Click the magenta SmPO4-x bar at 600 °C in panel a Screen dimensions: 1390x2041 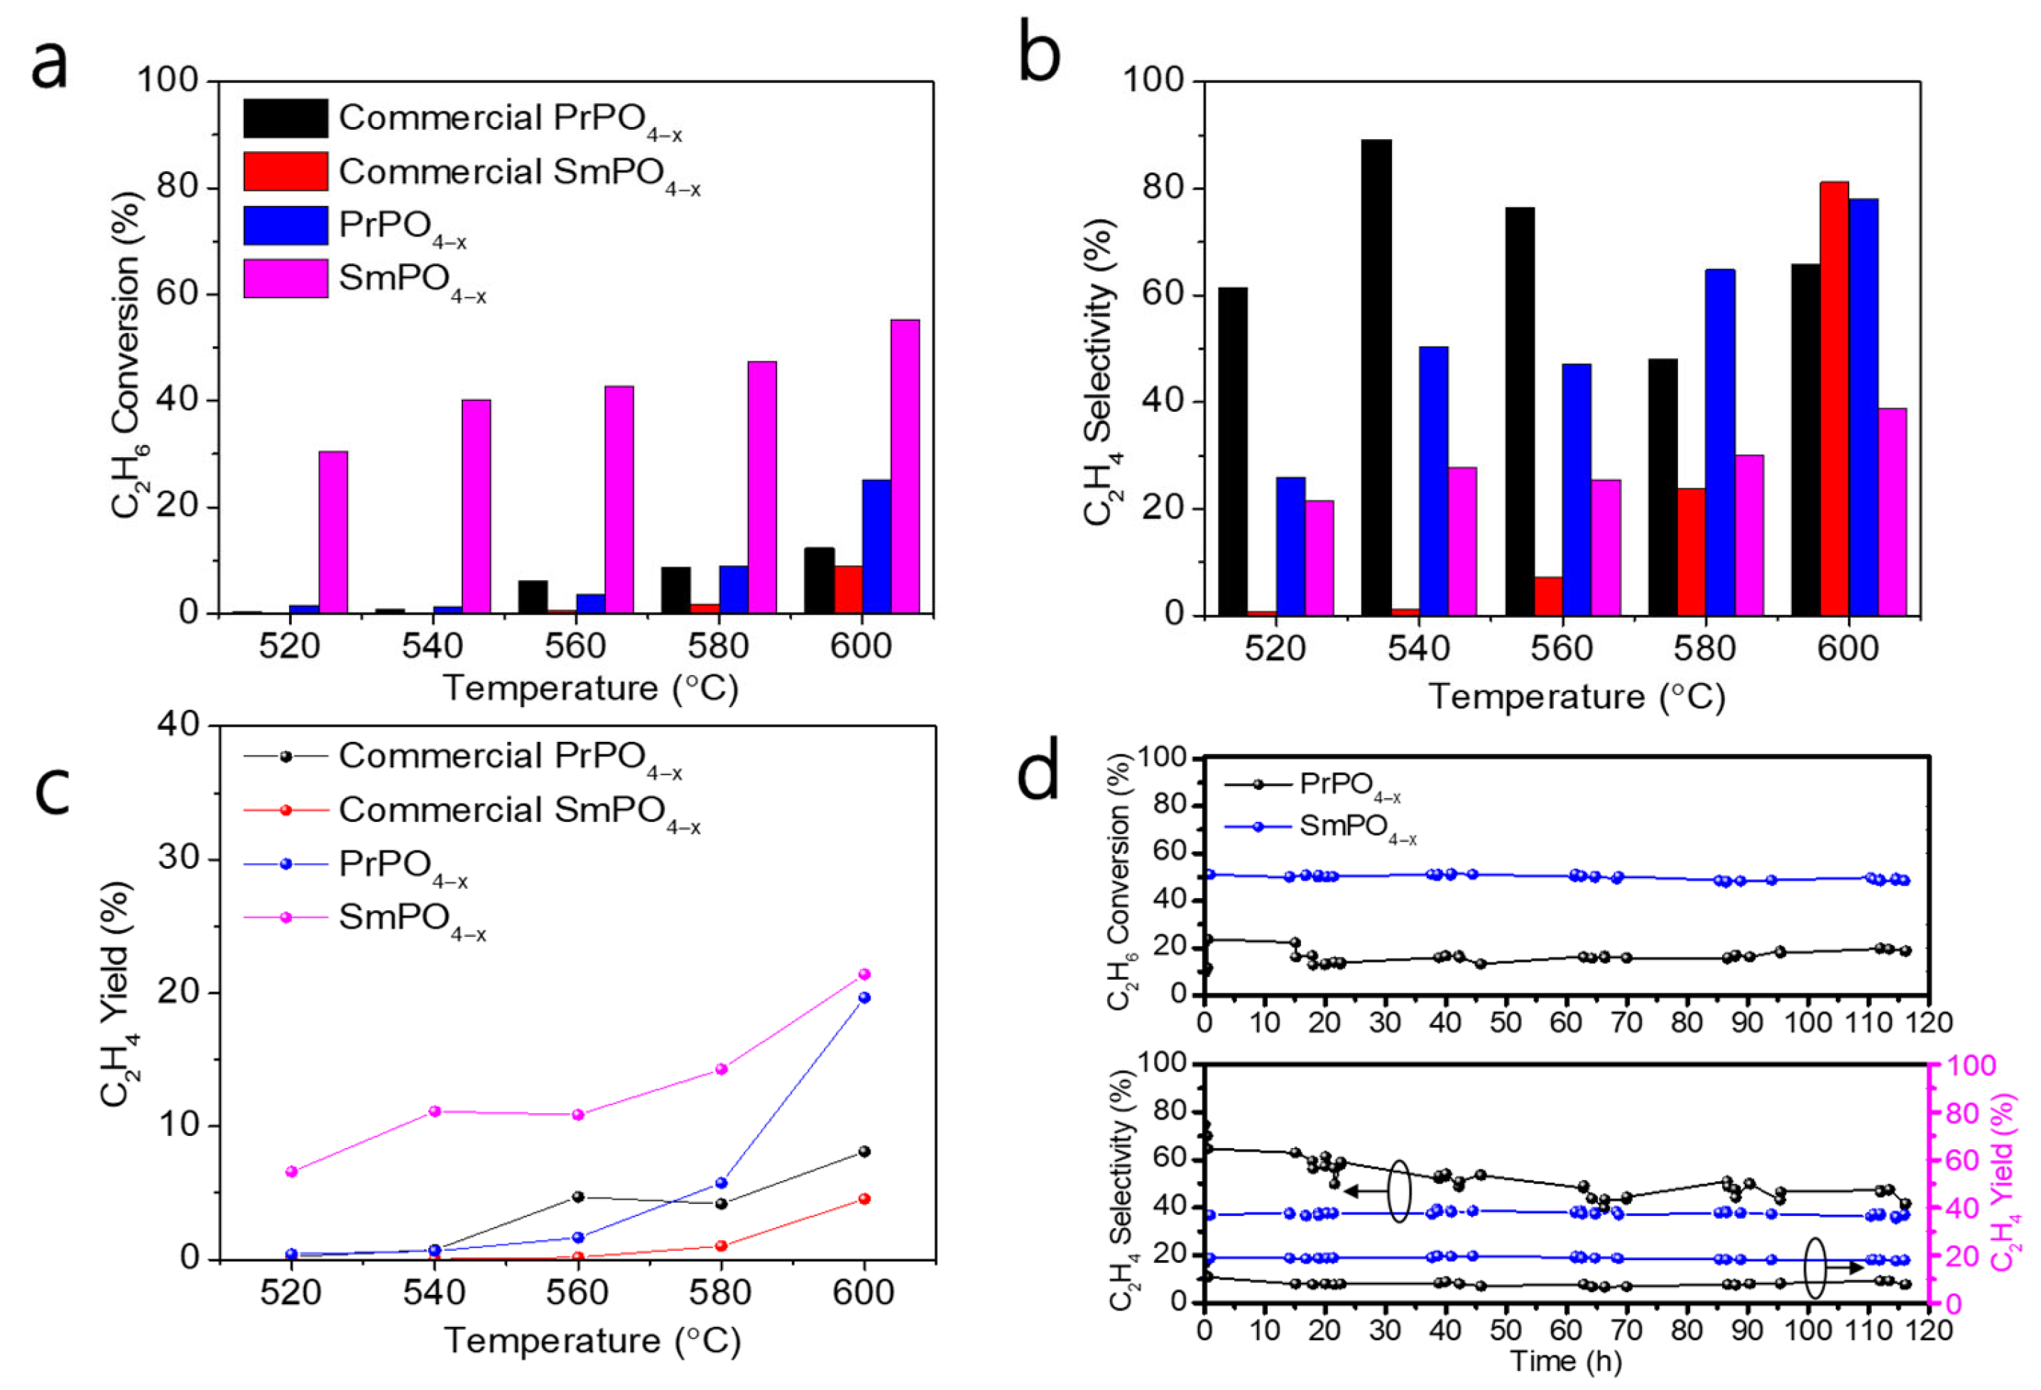(905, 466)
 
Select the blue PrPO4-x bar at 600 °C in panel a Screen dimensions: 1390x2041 (876, 545)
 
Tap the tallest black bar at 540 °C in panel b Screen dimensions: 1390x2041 (1376, 377)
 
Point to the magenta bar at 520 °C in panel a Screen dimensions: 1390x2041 (333, 531)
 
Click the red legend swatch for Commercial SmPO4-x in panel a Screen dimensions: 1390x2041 (285, 171)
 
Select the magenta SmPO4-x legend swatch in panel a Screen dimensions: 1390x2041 (285, 278)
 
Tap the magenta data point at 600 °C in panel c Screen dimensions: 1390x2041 (864, 974)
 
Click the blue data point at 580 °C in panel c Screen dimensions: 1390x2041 (721, 1183)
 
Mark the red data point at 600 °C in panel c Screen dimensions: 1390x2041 (864, 1198)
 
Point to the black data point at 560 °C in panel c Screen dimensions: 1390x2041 (578, 1197)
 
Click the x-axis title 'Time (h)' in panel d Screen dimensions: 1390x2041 (1565, 1361)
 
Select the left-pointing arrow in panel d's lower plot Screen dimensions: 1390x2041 (1362, 1191)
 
